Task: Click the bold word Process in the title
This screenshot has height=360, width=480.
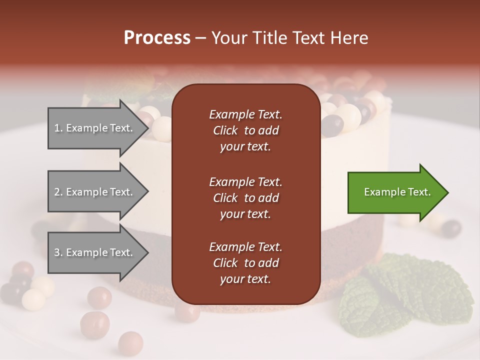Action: coord(157,38)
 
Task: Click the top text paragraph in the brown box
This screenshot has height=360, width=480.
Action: coord(245,130)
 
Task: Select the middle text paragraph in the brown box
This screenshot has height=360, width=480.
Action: coord(245,197)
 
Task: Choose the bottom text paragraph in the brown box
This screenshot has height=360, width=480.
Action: coord(245,263)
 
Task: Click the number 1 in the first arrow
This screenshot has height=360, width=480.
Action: coord(57,128)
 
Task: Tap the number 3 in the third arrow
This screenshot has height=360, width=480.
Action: coord(57,252)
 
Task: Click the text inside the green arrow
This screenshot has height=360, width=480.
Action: coord(397,192)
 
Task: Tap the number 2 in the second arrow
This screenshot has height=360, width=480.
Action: coord(57,192)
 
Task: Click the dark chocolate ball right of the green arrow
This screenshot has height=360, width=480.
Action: coord(451,228)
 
